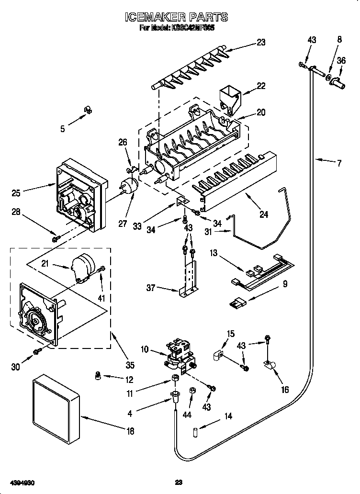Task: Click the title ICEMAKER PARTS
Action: pos(176,18)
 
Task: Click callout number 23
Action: pos(260,42)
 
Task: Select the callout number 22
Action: pos(260,86)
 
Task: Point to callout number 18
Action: pos(130,431)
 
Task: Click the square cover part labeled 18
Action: pos(56,406)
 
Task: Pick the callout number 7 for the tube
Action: pos(339,164)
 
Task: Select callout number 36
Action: pos(340,61)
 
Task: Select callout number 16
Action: pos(285,390)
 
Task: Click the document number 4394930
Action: pos(21,482)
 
